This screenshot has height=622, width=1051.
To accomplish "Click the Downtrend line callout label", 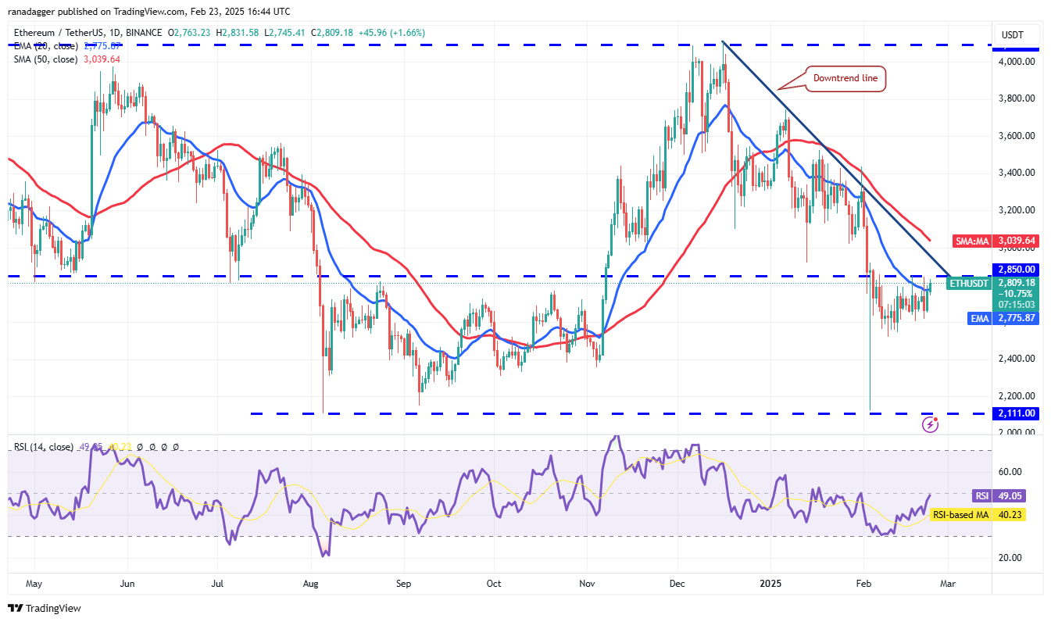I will point(845,78).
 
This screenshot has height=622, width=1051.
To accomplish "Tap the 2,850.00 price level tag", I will point(1015,270).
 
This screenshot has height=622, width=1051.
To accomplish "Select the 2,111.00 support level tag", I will point(1015,413).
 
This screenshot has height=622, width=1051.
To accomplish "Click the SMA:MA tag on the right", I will point(971,241).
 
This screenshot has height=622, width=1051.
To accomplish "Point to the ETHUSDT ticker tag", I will point(969,283).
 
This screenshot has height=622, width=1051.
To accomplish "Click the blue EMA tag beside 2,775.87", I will point(980,319).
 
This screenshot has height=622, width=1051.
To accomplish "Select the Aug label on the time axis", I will point(311,583).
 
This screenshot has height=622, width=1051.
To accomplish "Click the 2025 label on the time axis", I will point(771,583).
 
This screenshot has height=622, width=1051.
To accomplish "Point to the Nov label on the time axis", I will point(588,583).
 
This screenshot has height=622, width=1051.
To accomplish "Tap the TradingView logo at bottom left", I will point(45,608).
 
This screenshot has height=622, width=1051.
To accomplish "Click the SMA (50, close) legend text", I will point(45,59).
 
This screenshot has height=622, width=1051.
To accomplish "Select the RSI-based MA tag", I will point(965,515).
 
